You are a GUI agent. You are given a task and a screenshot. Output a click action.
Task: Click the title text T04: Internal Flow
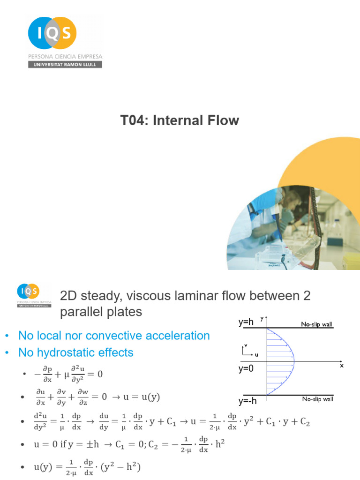click(180, 120)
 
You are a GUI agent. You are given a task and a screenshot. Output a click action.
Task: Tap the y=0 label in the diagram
click(246, 368)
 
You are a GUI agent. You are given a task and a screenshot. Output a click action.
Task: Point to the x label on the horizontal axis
click(342, 366)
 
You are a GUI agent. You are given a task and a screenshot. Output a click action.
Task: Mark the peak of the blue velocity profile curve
click(294, 361)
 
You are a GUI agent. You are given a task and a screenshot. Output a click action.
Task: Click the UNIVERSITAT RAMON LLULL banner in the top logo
click(65, 65)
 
